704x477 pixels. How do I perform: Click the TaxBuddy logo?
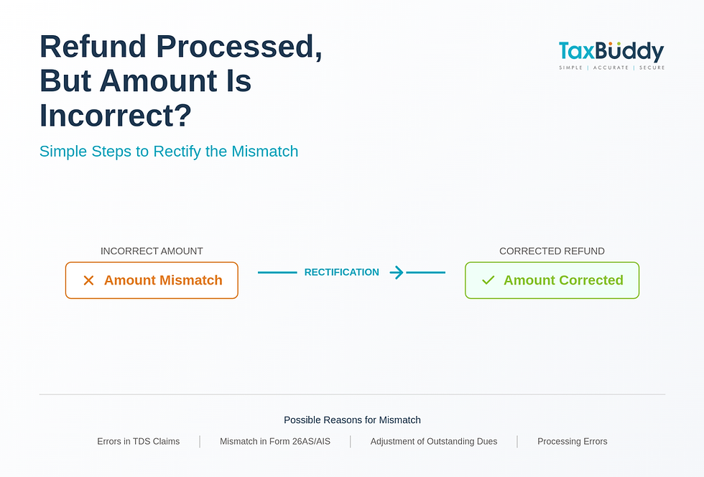(x=611, y=52)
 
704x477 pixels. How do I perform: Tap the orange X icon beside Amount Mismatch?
(x=88, y=280)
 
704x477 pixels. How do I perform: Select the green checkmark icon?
(x=488, y=280)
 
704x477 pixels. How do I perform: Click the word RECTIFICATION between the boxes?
(x=341, y=272)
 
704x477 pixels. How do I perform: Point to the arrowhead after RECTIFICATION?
(x=397, y=272)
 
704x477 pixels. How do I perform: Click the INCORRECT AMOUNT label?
(x=152, y=251)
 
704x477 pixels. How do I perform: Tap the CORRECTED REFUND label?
(x=552, y=251)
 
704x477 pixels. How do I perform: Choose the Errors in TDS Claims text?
(x=139, y=441)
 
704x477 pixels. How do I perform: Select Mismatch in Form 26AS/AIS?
(x=275, y=441)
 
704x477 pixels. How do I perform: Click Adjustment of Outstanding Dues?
(x=434, y=441)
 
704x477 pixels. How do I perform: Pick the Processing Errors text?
(x=573, y=441)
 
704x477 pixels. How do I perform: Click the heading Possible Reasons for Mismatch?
(x=352, y=420)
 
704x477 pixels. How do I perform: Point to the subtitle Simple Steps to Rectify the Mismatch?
(x=169, y=152)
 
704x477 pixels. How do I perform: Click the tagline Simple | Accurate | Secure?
(x=611, y=68)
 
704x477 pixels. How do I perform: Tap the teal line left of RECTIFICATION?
(x=277, y=272)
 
